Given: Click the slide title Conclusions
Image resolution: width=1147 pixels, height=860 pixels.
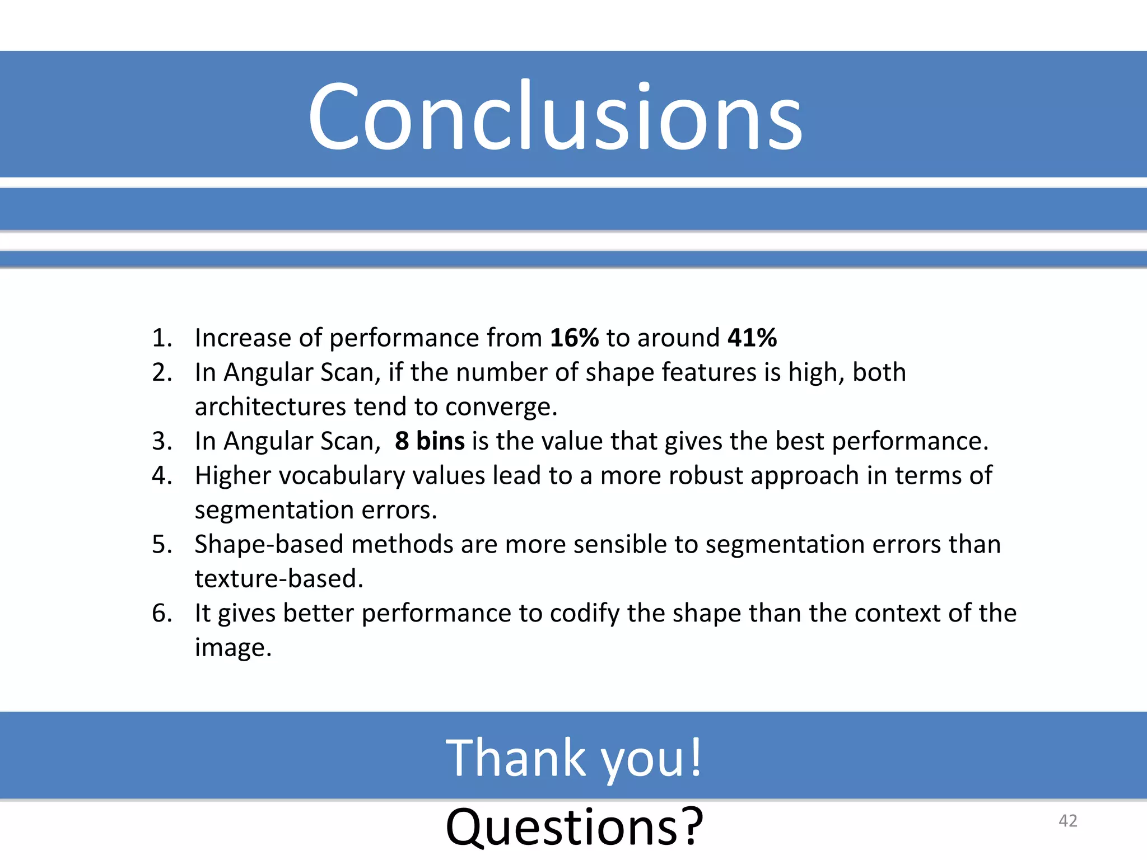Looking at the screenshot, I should (554, 116).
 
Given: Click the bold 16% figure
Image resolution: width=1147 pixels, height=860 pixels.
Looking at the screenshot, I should (574, 338).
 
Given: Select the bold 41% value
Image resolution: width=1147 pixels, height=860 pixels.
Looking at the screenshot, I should (752, 338).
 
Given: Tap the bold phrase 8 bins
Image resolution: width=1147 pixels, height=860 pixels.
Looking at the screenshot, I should (430, 441).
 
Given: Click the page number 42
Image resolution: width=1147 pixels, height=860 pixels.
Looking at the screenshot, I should (1067, 821).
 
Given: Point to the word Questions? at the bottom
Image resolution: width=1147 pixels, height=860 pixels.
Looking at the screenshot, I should (574, 826).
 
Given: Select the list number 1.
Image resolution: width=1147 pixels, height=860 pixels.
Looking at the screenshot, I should (162, 338).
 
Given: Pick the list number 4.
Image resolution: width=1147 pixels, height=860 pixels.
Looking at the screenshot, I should (162, 475).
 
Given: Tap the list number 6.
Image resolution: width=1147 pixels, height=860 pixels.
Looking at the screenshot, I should (162, 613).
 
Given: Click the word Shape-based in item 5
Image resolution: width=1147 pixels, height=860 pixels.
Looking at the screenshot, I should (269, 544).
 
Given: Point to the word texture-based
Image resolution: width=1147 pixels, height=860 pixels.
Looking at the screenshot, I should (278, 579).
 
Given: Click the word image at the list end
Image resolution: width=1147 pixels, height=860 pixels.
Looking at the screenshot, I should (232, 648).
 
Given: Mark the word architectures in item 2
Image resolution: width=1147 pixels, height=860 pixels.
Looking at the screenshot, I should (271, 407).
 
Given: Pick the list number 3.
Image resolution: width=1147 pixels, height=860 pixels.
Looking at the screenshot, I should (162, 441).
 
